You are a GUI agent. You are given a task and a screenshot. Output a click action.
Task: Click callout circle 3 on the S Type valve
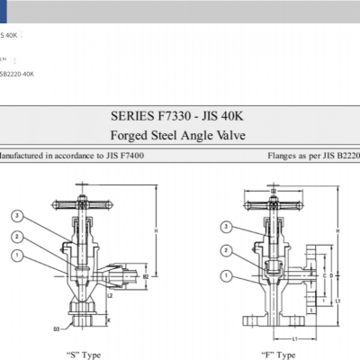point(16,216)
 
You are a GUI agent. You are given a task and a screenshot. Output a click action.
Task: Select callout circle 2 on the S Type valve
point(16,237)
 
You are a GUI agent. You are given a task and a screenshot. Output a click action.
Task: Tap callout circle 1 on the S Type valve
point(16,256)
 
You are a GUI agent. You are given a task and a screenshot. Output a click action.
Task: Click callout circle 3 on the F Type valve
point(226,227)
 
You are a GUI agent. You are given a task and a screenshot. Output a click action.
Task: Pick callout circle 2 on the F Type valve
point(226,251)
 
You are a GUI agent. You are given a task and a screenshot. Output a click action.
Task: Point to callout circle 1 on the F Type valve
point(226,275)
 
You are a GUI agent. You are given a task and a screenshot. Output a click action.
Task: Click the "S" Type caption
point(85,354)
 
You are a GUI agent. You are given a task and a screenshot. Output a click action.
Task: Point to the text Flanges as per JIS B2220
point(313,156)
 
